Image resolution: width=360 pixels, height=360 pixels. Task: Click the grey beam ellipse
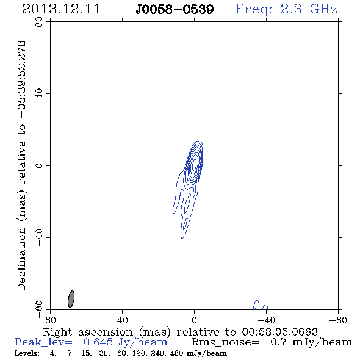(71, 299)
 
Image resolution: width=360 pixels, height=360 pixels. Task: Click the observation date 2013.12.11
(62, 9)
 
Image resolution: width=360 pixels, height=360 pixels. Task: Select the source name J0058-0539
(175, 10)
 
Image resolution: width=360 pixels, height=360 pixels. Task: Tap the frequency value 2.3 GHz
(309, 9)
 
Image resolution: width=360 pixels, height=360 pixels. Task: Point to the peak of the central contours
(195, 164)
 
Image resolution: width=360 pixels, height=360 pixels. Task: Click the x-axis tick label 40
(122, 320)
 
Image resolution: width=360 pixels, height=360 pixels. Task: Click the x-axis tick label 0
(194, 320)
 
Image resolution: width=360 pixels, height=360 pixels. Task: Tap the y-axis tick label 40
(39, 94)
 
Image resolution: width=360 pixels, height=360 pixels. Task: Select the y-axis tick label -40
(39, 237)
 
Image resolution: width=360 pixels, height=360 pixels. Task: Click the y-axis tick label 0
(39, 165)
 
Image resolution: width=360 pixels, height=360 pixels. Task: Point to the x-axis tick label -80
(337, 320)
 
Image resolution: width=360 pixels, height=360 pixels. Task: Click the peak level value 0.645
(98, 342)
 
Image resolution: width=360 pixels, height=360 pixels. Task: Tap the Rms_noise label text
(225, 342)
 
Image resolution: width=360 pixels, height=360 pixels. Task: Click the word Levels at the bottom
(27, 353)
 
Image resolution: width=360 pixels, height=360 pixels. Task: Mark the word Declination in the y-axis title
(21, 259)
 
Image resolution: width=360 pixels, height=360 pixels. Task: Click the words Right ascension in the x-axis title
(88, 332)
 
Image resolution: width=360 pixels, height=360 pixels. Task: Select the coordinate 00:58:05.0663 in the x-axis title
(280, 332)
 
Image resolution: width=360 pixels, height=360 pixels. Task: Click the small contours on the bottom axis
(261, 305)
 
